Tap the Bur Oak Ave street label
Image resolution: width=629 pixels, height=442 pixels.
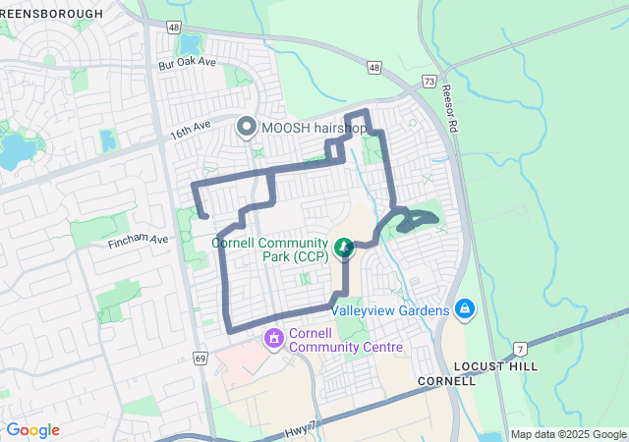click(187, 63)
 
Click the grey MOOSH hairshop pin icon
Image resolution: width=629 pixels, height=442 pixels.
click(246, 128)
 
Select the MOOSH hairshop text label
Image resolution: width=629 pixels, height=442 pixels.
click(314, 128)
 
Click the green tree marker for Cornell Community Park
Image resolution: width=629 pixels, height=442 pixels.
click(344, 249)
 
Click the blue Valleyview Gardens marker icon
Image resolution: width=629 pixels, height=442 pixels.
click(465, 311)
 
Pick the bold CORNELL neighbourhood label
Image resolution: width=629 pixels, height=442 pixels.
click(446, 380)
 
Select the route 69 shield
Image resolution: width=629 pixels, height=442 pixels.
click(200, 359)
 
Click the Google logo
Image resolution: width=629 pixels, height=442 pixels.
click(32, 430)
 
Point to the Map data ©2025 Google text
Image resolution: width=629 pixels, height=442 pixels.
click(568, 434)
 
